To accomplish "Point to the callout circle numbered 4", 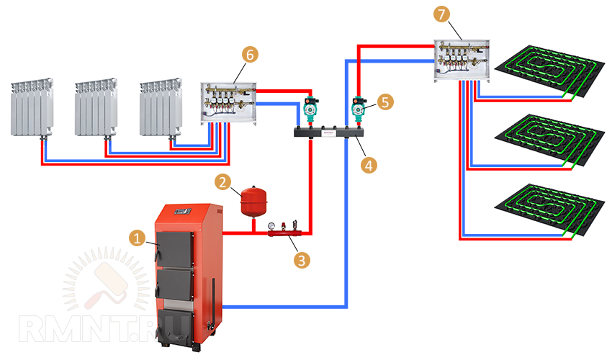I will [369, 165].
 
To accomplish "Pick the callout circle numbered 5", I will [385, 102].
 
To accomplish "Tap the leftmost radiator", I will [32, 107].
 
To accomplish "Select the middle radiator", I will [95, 107].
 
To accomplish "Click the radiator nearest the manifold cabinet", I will [160, 107].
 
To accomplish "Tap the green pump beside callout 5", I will [358, 107].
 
